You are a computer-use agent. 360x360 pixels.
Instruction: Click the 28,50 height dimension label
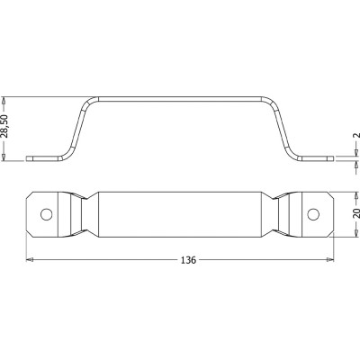point(6,126)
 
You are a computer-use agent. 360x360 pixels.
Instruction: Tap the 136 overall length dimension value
point(188,260)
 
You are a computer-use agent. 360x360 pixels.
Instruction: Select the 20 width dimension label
point(356,212)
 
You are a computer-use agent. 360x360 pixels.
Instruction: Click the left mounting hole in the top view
point(47,214)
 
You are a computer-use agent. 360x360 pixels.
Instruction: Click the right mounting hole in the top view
point(313,214)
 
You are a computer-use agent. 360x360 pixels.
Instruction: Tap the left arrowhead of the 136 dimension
point(30,260)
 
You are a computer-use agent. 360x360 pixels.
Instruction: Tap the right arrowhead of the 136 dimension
point(330,260)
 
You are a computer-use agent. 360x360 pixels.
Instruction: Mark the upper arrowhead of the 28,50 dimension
point(4,100)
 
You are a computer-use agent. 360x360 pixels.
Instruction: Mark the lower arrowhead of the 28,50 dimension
point(4,157)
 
